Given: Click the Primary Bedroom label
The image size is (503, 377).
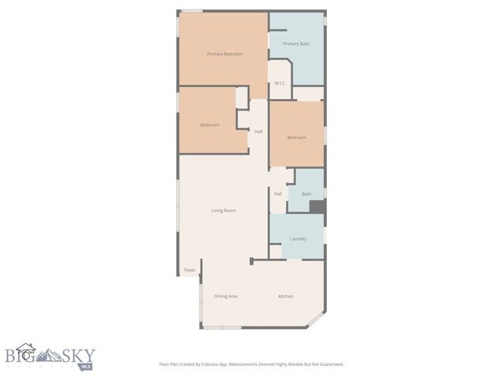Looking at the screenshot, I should click(225, 53).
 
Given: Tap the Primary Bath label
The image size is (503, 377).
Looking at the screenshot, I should click(296, 44).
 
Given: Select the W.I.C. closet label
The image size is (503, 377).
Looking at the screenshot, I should click(280, 82).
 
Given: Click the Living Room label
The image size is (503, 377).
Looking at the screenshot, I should click(223, 210).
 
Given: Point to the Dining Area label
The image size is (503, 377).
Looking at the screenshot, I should click(226, 296).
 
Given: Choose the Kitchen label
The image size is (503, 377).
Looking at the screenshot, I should click(286, 296).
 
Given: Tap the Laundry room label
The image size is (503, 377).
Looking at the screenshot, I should click(298, 239).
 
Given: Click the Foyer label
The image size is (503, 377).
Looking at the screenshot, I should click(189, 270).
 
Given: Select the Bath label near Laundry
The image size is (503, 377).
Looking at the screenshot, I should click(307, 194).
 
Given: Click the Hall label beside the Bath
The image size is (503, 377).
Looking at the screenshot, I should click(278, 194).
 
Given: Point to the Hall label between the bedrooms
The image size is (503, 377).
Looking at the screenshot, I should click(259, 131).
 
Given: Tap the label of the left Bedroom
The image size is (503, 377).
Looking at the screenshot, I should click(209, 125).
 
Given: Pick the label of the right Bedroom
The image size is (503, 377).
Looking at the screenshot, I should click(296, 137).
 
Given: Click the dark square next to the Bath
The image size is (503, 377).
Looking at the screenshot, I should click(317, 207).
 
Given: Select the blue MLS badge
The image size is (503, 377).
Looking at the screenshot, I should click(87, 365).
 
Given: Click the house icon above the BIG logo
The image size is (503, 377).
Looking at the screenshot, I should click(26, 346).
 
